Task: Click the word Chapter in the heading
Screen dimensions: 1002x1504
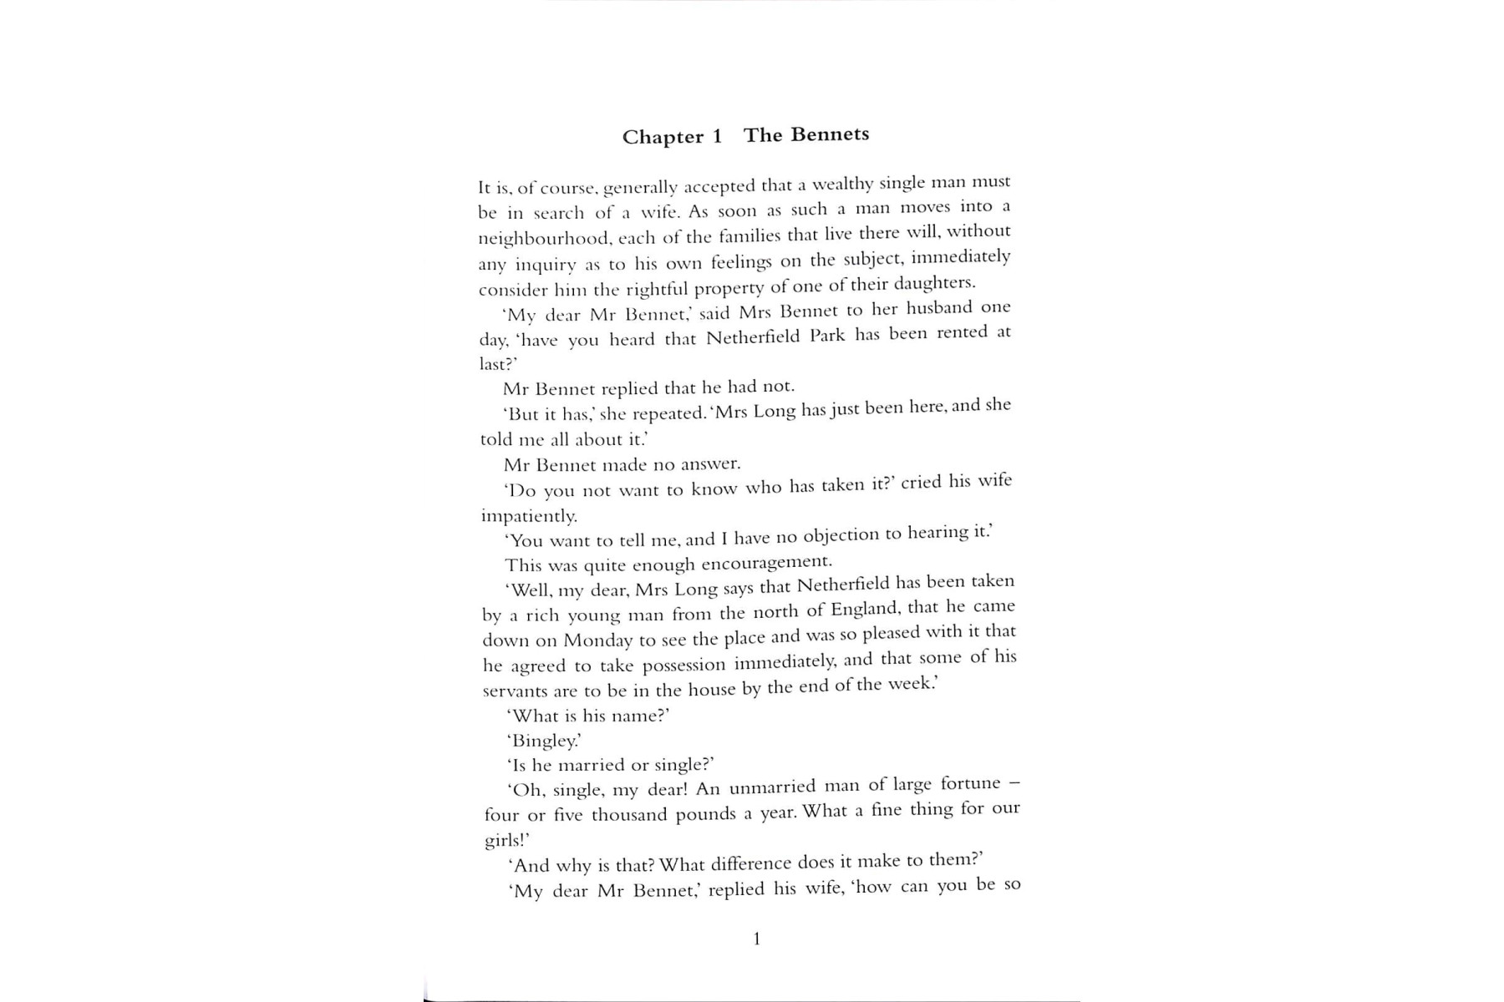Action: pyautogui.click(x=663, y=137)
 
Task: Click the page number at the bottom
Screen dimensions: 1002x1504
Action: pyautogui.click(x=757, y=939)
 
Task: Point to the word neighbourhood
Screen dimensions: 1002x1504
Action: pyautogui.click(x=542, y=238)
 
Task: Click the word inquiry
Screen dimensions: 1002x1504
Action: pyautogui.click(x=546, y=265)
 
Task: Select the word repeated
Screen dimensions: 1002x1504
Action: pyautogui.click(x=668, y=413)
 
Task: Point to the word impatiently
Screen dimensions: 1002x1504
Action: pyautogui.click(x=529, y=516)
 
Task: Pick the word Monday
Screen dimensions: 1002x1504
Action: pyautogui.click(x=598, y=640)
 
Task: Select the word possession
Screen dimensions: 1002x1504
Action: pyautogui.click(x=673, y=665)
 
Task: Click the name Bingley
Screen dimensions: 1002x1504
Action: pyautogui.click(x=544, y=741)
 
